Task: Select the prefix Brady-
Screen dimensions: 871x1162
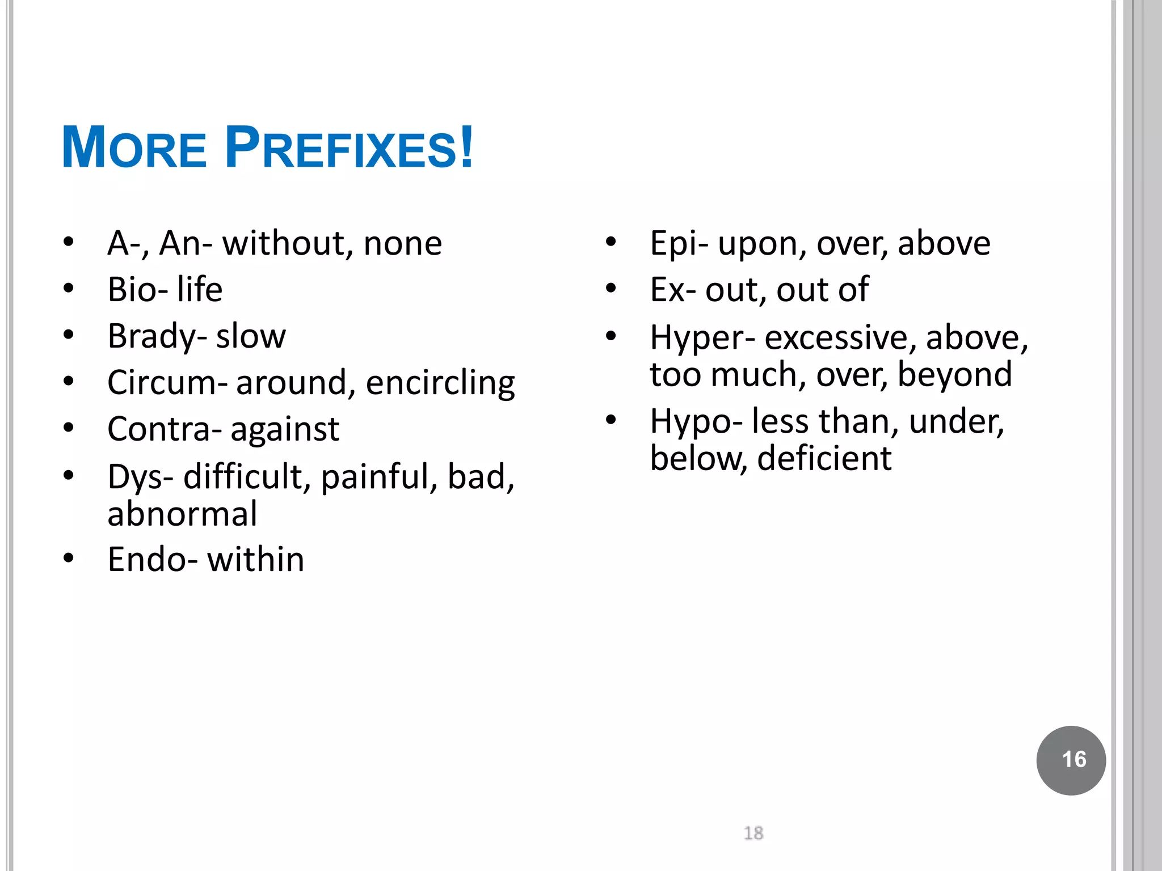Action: click(x=157, y=336)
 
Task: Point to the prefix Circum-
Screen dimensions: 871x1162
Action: click(x=167, y=383)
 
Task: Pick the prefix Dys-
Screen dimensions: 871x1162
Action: click(x=141, y=476)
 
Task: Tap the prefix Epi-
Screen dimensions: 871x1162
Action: click(x=679, y=244)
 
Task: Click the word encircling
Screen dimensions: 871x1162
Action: click(x=440, y=383)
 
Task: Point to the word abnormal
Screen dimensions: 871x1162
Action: click(x=182, y=514)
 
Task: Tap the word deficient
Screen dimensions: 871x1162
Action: click(x=824, y=458)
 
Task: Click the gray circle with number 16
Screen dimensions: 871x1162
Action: click(x=1071, y=760)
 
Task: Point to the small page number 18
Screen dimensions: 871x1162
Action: click(x=753, y=833)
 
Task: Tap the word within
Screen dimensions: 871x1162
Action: click(x=255, y=560)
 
